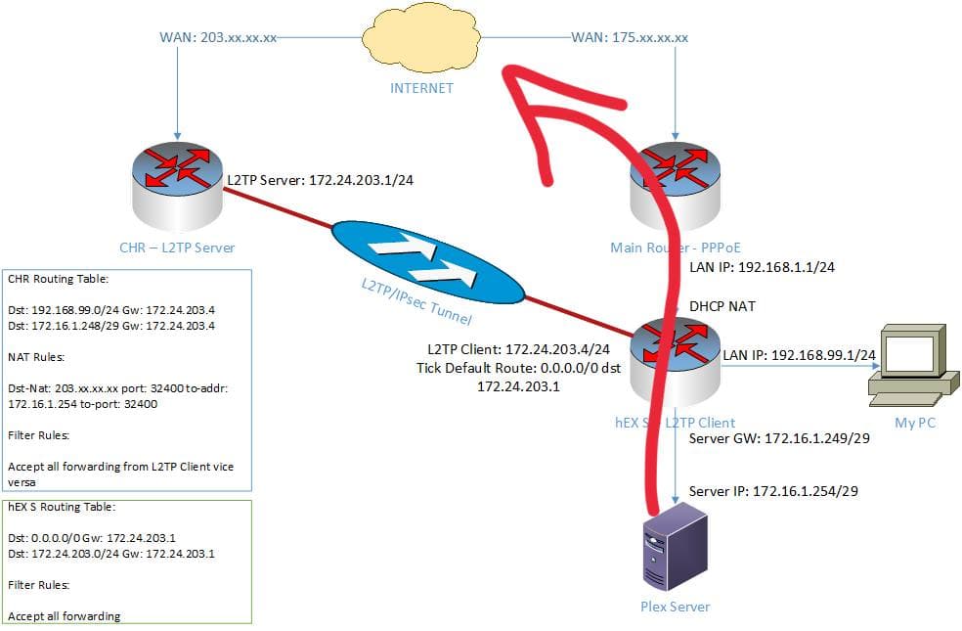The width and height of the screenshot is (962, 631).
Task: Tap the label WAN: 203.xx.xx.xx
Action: [x=217, y=38]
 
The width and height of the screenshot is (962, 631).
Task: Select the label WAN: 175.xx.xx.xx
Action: [x=630, y=38]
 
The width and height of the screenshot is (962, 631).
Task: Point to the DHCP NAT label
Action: [x=721, y=306]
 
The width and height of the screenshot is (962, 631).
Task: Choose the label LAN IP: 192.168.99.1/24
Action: [x=797, y=353]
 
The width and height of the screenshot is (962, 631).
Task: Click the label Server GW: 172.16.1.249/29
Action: [x=779, y=438]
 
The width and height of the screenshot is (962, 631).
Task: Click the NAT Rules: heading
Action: [x=37, y=359]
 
